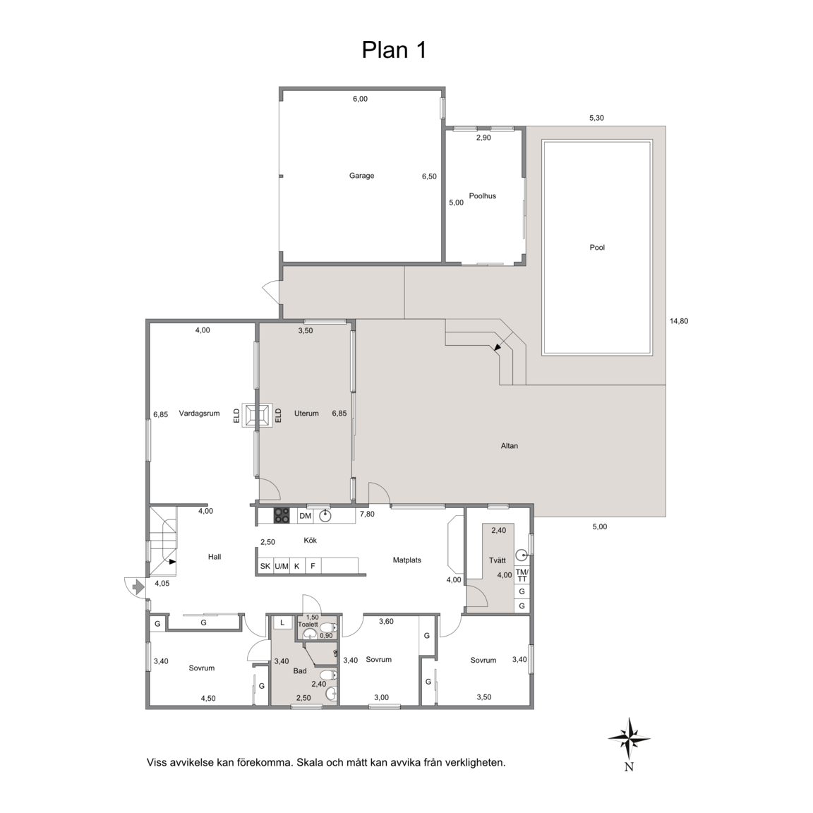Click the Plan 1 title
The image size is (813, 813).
click(394, 50)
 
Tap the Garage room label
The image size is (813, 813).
click(361, 176)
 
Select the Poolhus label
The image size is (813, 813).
click(482, 196)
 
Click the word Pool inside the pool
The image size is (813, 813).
click(597, 247)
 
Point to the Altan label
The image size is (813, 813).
click(509, 445)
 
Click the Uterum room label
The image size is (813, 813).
click(306, 414)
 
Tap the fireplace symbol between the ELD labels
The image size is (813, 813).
click(258, 415)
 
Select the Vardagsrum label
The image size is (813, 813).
click(199, 414)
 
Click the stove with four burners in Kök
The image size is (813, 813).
click(282, 515)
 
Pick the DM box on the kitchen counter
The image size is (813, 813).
click(305, 516)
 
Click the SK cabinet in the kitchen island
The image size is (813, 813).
click(265, 566)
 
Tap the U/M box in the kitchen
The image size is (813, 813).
click(282, 566)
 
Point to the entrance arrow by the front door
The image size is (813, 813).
click(138, 587)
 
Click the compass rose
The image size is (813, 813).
click(629, 739)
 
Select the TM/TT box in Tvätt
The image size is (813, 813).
click(522, 574)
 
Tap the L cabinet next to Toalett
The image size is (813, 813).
click(282, 622)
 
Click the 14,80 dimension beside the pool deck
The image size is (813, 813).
click(679, 321)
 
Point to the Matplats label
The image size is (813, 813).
click(407, 560)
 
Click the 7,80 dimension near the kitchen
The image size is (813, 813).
click(367, 514)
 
